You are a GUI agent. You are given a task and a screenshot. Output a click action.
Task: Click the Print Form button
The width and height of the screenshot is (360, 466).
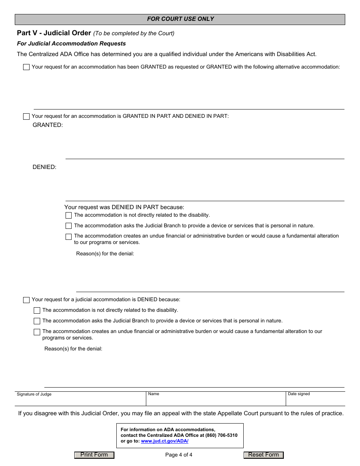94,455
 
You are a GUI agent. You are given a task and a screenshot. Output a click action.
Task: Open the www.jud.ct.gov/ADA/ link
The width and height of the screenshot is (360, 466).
164,441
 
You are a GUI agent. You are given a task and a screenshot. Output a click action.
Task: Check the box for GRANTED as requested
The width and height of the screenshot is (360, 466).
26,67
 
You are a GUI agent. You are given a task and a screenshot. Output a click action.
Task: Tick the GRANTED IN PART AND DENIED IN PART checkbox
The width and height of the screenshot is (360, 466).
26,116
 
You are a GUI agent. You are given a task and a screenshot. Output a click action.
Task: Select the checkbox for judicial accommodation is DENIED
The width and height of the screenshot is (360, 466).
26,300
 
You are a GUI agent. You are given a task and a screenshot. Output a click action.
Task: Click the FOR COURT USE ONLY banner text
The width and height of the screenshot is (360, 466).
180,19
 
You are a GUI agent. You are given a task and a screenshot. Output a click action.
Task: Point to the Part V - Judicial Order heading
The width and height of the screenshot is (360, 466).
54,33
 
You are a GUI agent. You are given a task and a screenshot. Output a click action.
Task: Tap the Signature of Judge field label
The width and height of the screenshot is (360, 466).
34,394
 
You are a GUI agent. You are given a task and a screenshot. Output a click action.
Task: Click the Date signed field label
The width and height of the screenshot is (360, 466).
299,394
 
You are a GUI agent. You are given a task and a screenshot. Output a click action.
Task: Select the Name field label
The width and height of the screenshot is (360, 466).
153,394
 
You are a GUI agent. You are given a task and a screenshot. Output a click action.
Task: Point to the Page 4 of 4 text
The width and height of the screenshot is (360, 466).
179,455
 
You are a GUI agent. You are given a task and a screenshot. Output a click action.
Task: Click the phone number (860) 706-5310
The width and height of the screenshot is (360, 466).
221,435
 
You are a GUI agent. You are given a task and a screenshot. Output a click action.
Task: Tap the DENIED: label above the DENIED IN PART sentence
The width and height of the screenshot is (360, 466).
44,167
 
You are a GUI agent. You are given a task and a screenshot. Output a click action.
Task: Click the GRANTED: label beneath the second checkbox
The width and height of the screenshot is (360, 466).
48,125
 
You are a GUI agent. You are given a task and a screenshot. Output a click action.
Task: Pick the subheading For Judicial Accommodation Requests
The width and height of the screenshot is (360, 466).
71,44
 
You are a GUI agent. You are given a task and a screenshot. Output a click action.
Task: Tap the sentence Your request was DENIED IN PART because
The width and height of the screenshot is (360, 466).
124,207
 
